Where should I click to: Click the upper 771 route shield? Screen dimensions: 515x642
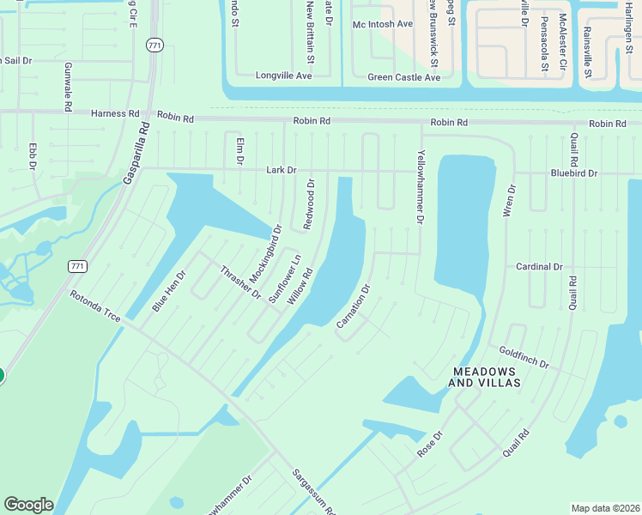[x=154, y=46]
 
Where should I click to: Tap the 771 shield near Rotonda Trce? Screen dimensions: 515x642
[x=78, y=267]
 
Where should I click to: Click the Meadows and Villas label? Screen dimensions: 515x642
[x=486, y=377]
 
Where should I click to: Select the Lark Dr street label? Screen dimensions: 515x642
[x=281, y=170]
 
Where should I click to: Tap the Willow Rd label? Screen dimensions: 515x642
[x=300, y=286]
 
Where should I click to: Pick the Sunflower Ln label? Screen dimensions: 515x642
[x=285, y=277]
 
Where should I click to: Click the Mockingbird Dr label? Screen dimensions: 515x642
[x=265, y=253]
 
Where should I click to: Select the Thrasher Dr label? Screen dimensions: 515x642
[x=239, y=282]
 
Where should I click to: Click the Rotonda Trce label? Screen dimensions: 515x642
[x=96, y=306]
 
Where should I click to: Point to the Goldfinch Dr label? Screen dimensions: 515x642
[x=524, y=358]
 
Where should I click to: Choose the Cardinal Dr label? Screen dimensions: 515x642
[x=539, y=267]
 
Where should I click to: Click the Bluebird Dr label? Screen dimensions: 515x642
[x=574, y=173]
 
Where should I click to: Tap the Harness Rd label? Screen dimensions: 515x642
[x=116, y=113]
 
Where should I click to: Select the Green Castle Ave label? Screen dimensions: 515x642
[x=403, y=77]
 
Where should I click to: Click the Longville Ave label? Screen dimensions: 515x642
[x=284, y=76]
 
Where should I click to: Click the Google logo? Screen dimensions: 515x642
[x=28, y=505]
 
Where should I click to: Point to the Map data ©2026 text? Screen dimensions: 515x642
[x=605, y=508]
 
